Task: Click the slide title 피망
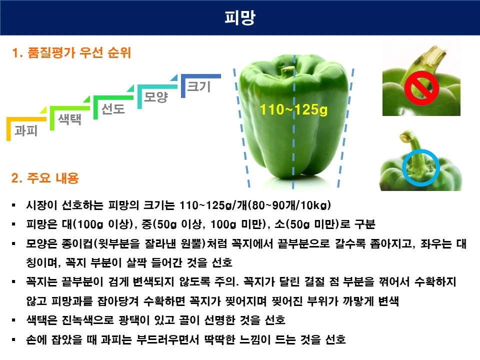(239, 18)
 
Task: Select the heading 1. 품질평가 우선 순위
(71, 52)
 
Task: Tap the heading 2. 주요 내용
(45, 178)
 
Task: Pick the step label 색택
(69, 119)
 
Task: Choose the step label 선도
(113, 108)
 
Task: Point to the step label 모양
(155, 97)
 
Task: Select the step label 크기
(198, 86)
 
